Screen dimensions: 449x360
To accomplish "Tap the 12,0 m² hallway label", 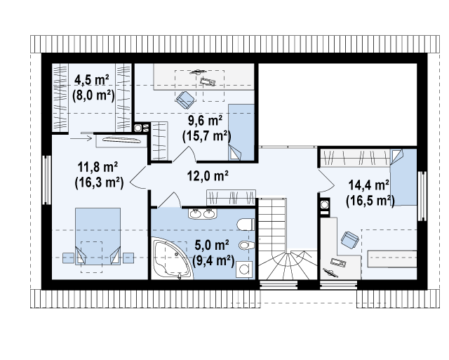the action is pos(208,175).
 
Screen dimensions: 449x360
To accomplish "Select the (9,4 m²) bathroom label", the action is pos(213,260).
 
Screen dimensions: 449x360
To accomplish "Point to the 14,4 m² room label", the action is pos(368,185).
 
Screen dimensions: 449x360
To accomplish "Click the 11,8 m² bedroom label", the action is pos(98,167).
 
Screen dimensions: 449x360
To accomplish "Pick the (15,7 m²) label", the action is pos(206,135).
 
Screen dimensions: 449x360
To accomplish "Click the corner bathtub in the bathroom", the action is pos(172,258).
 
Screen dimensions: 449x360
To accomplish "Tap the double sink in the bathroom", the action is pos(203,214).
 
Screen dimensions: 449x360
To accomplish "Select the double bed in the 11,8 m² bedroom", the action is pos(98,236).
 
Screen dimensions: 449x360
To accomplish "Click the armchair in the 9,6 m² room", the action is pos(185,100).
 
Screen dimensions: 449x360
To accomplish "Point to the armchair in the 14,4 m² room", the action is pos(349,240).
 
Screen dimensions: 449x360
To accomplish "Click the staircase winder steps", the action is pos(288,265).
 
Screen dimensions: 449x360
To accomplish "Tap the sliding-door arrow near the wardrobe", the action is pos(81,139).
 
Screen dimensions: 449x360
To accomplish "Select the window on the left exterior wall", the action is pos(46,180).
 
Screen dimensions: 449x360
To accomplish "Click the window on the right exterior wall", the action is pos(422,196).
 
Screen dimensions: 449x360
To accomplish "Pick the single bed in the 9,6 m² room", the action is pos(241,133).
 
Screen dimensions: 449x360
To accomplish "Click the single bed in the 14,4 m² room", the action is pos(403,177).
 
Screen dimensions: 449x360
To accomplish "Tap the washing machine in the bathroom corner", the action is pos(245,269).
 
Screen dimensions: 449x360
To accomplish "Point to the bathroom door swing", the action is pos(169,200).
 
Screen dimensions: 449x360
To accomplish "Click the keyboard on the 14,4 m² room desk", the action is pos(338,262).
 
